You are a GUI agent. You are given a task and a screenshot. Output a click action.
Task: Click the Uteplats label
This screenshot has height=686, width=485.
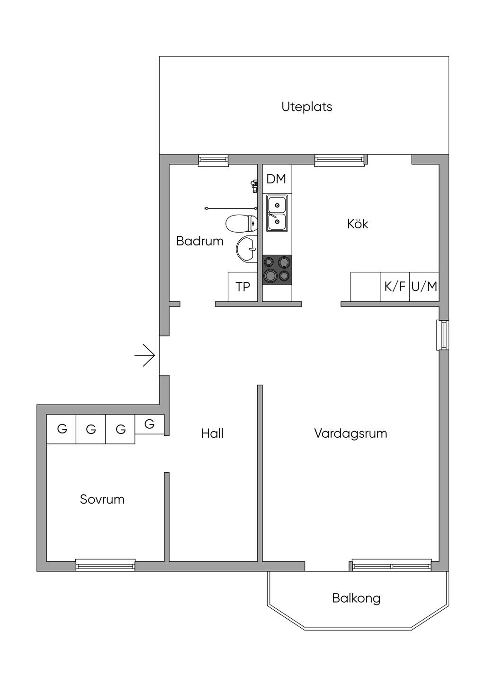[306, 107]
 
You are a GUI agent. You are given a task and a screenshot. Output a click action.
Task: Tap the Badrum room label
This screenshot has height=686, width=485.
[199, 241]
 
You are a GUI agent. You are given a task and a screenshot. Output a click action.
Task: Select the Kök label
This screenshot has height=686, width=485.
[358, 224]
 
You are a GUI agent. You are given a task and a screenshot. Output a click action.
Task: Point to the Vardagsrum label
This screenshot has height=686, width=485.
[350, 433]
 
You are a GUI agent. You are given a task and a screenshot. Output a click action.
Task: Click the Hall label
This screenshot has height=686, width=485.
[212, 433]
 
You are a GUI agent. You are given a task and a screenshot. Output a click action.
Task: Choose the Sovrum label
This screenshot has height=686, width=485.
[102, 499]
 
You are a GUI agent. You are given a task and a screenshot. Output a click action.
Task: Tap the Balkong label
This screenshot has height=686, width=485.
[356, 598]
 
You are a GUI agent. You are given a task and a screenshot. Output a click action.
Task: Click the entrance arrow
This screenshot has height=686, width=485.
[145, 355]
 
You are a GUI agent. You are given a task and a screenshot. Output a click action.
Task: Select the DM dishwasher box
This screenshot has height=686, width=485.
[277, 179]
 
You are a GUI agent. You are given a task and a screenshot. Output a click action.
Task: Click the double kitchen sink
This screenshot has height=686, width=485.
[277, 213]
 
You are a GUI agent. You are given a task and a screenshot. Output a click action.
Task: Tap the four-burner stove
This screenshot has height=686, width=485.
[277, 269]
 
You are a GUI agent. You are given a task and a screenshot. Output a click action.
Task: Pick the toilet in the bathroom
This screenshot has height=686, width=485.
[241, 224]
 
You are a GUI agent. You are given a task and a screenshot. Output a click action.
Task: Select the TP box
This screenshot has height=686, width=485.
[242, 286]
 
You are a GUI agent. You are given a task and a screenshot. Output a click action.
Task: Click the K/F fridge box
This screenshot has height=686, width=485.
[395, 286]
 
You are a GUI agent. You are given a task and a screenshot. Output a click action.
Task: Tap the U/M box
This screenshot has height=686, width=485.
[424, 286]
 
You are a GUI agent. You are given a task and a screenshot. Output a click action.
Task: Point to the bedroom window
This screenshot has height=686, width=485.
[106, 564]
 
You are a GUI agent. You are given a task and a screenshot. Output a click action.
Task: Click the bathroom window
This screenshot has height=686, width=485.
[213, 161]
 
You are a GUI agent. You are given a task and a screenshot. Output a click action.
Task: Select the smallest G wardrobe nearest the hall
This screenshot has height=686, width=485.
[149, 424]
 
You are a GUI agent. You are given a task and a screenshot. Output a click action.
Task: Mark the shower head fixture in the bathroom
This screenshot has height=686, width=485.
[254, 185]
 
